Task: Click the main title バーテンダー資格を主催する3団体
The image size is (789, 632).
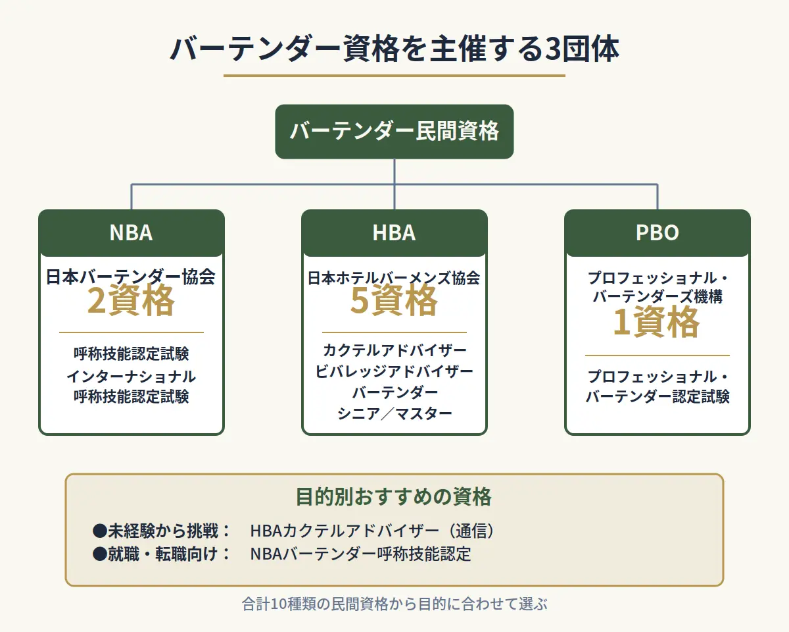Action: [394, 50]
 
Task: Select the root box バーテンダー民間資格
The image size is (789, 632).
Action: [394, 132]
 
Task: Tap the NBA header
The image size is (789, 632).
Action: [131, 233]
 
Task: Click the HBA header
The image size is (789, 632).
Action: [394, 233]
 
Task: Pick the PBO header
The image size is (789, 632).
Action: [657, 233]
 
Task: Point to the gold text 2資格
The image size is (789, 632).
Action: [131, 302]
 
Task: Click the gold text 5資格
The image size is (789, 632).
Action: [394, 302]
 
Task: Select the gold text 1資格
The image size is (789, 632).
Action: [657, 323]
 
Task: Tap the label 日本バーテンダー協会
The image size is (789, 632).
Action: [131, 277]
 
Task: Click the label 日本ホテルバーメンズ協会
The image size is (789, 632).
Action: [394, 278]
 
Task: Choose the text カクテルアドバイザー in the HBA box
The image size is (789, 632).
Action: [394, 350]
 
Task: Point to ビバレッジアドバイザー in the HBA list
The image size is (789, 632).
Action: [394, 371]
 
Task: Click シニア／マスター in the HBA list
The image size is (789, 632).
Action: [394, 413]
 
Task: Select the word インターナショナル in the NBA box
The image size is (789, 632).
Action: [131, 377]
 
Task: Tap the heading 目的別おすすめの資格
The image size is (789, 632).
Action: [394, 496]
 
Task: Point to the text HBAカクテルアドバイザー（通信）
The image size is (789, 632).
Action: [372, 531]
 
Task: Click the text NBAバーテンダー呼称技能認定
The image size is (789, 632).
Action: [360, 554]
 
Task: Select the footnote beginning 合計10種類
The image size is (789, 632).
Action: [394, 604]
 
